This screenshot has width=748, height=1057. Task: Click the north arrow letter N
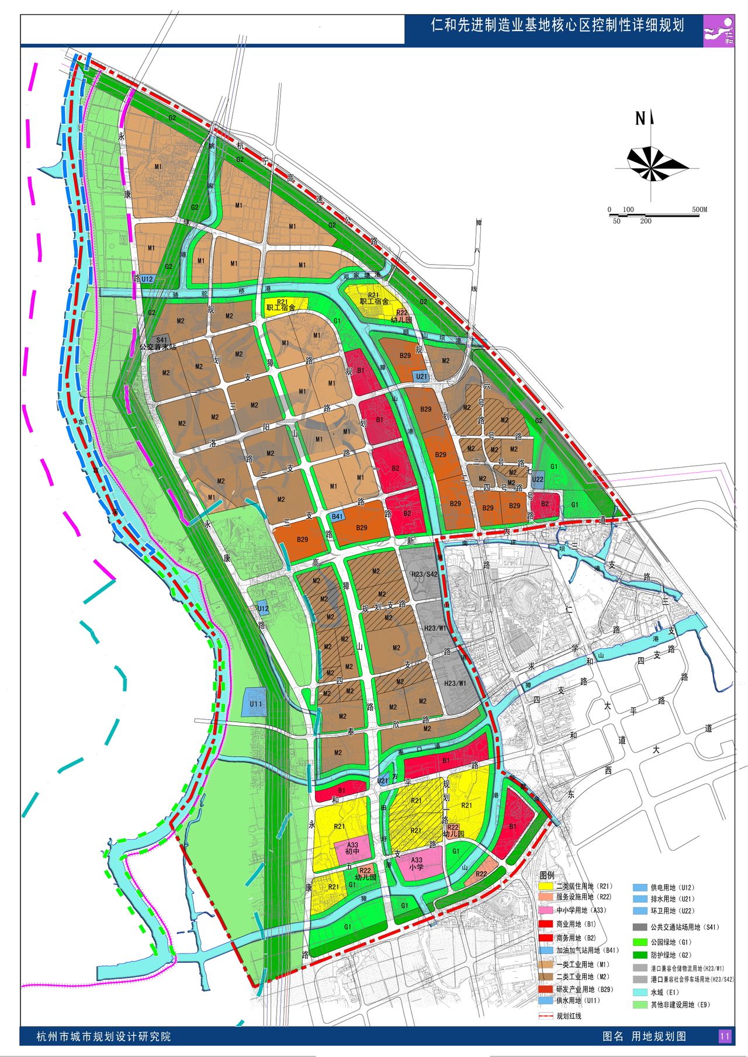640,119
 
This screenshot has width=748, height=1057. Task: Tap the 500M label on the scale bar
699,209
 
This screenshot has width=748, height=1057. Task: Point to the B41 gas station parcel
337,516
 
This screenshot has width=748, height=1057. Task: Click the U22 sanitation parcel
538,479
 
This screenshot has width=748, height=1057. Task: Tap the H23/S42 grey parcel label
424,574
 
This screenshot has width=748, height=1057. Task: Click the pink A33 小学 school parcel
417,863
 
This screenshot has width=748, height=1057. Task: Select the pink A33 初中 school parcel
352,848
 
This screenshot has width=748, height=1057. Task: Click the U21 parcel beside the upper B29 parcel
421,376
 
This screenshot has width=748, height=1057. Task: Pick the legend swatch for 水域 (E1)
640,992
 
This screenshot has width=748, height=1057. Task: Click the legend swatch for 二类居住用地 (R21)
546,886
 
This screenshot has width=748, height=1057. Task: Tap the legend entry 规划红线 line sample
546,1016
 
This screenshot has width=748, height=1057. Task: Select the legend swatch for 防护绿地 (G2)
640,955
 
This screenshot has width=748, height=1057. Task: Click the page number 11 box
725,1036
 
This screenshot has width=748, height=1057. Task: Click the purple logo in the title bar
719,31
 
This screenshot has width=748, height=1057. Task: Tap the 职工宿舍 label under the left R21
280,307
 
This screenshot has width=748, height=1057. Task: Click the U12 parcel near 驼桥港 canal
147,279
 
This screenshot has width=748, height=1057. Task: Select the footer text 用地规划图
659,1037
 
